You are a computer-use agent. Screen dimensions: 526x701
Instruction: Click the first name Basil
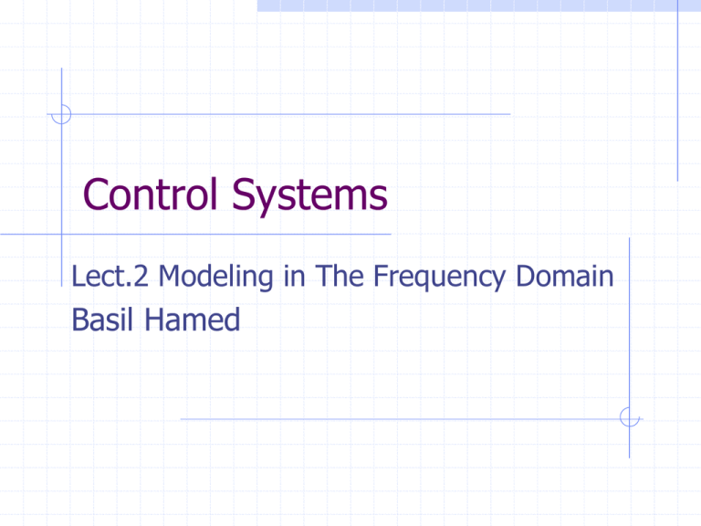click(97, 320)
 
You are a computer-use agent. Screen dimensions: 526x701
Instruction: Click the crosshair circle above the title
click(61, 115)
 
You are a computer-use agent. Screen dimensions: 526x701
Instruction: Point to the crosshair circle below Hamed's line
click(629, 417)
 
